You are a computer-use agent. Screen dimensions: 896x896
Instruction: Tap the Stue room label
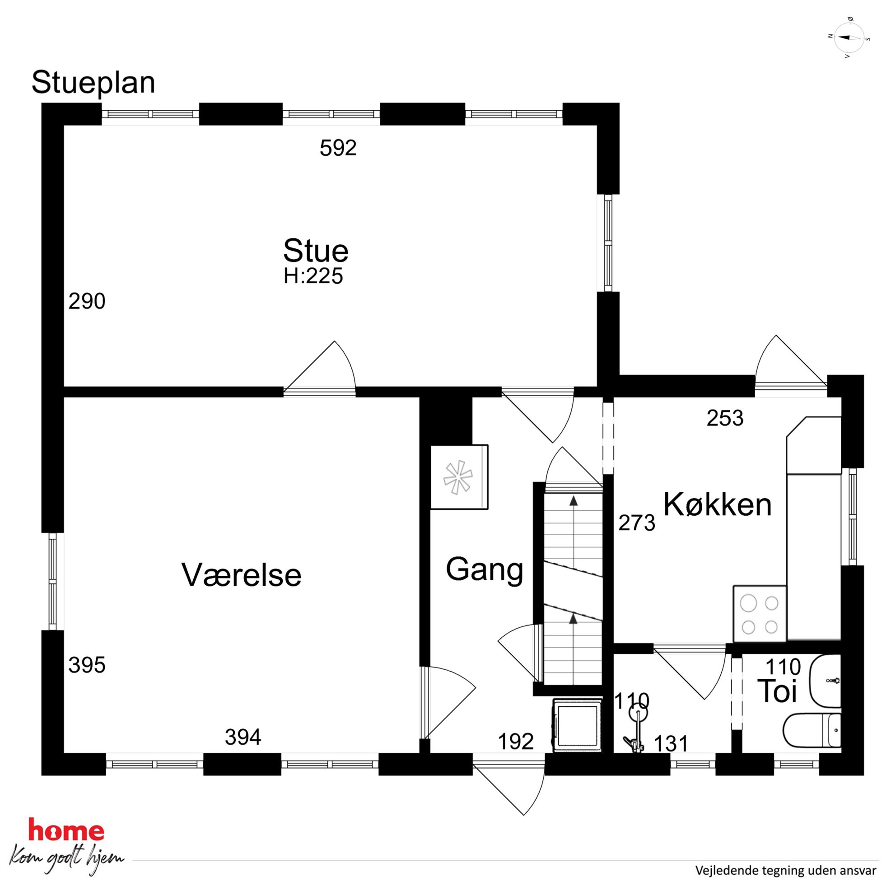(x=316, y=251)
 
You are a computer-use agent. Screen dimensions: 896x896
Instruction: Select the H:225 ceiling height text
(x=313, y=276)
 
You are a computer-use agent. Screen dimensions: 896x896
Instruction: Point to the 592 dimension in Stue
(x=338, y=148)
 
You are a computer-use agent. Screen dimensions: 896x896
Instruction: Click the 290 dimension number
(x=87, y=301)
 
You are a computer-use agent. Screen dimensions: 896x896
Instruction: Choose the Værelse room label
(x=241, y=575)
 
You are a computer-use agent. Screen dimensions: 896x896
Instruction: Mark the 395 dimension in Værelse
(x=87, y=665)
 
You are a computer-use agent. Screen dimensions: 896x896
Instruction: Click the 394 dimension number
(x=243, y=737)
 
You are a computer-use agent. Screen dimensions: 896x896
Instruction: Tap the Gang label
(x=485, y=570)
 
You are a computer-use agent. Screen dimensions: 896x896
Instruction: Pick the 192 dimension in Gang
(x=516, y=742)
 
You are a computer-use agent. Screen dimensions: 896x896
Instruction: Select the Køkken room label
(x=718, y=504)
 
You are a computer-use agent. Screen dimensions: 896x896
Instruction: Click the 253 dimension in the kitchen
(x=725, y=418)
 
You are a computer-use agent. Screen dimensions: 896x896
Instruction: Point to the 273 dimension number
(x=637, y=523)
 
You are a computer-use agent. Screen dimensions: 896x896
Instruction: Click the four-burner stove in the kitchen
(x=760, y=614)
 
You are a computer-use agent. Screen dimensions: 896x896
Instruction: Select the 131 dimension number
(x=671, y=744)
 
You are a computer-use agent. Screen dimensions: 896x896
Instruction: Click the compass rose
(x=849, y=37)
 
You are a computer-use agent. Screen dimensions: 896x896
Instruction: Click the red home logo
(x=66, y=830)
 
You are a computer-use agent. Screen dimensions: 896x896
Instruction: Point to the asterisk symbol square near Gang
(x=459, y=477)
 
